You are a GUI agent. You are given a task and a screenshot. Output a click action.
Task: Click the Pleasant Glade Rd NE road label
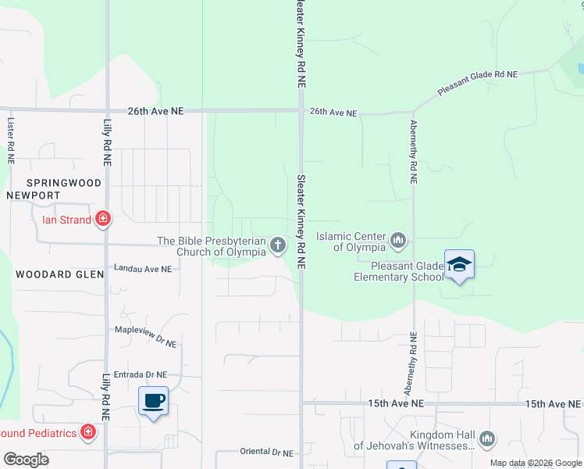coord(477,83)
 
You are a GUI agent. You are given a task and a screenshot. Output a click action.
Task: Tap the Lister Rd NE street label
coord(10,141)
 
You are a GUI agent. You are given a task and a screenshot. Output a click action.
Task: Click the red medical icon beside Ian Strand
coord(102,220)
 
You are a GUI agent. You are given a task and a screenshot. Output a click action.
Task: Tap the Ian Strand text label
coord(66,220)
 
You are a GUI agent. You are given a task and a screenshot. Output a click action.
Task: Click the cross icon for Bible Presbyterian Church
coord(277,246)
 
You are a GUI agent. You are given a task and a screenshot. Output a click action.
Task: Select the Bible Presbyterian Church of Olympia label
coord(212,246)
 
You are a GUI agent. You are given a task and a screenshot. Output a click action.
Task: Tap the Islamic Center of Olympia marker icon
coord(398,240)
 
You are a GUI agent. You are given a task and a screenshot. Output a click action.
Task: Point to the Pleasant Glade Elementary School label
coord(398,271)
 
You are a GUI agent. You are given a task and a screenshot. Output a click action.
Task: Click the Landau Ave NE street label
coord(143,269)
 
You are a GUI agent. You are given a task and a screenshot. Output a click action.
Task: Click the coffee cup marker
coord(153,401)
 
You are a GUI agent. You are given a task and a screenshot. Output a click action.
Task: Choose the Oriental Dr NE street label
coord(267,453)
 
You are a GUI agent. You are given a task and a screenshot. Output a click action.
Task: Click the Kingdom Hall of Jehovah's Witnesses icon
coord(488,439)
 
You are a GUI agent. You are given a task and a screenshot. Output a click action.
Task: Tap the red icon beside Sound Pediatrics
coord(88,431)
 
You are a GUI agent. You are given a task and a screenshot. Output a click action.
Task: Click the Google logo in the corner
coord(26,460)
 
